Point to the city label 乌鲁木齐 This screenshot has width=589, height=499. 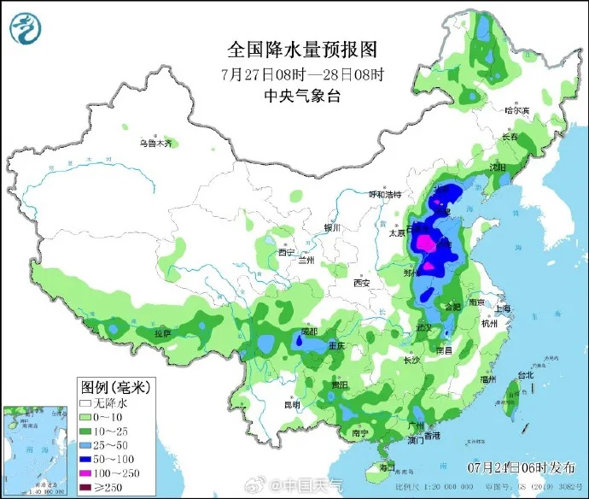[155, 143]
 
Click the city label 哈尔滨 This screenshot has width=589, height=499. [516, 110]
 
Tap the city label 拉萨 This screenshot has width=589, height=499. [162, 332]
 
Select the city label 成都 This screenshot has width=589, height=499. [309, 332]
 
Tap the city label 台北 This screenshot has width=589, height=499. [524, 374]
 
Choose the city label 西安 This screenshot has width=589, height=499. [361, 283]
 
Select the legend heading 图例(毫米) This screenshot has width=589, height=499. [109, 386]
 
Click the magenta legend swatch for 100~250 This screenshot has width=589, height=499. [85, 473]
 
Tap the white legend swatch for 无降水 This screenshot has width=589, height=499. [85, 402]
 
